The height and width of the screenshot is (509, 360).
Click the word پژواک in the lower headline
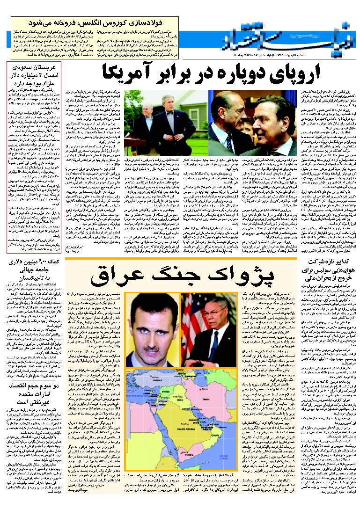point(241,276)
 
